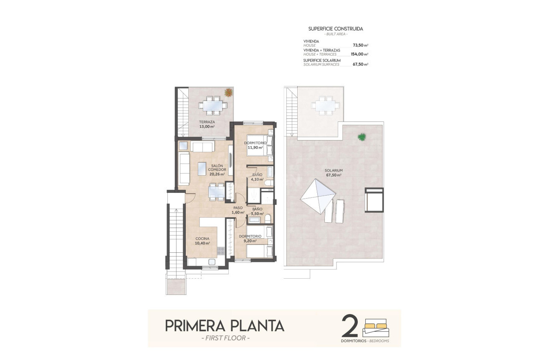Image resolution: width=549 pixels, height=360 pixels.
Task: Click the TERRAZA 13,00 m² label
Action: [207, 124]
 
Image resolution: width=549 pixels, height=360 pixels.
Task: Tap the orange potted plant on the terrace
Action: [228, 93]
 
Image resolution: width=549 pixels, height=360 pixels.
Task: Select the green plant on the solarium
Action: [362, 136]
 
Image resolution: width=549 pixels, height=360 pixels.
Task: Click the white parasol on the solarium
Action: [318, 196]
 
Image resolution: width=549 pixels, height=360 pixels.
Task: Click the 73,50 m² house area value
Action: [360, 45]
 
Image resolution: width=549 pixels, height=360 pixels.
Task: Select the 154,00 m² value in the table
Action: [359, 54]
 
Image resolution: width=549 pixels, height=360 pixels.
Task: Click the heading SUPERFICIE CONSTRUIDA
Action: [336, 29]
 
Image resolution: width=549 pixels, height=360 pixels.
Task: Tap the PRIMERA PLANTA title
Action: [225, 325]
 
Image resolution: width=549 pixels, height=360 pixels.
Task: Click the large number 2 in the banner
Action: [350, 326]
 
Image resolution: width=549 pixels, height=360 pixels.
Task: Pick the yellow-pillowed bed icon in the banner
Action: [376, 328]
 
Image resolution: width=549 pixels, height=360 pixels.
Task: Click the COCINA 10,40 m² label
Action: [202, 241]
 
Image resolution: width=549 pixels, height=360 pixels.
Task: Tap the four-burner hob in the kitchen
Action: [220, 251]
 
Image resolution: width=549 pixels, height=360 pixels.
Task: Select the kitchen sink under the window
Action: [212, 262]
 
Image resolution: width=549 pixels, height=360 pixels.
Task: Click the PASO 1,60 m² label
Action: [238, 210]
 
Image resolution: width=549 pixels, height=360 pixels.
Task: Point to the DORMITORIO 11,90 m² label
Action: [256, 145]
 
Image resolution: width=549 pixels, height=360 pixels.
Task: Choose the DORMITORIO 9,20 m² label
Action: [250, 238]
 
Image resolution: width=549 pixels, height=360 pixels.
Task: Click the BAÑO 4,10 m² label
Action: [257, 177]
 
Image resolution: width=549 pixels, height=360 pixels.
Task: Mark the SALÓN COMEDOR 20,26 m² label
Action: [217, 170]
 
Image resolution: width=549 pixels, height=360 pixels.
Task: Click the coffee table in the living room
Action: [202, 168]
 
